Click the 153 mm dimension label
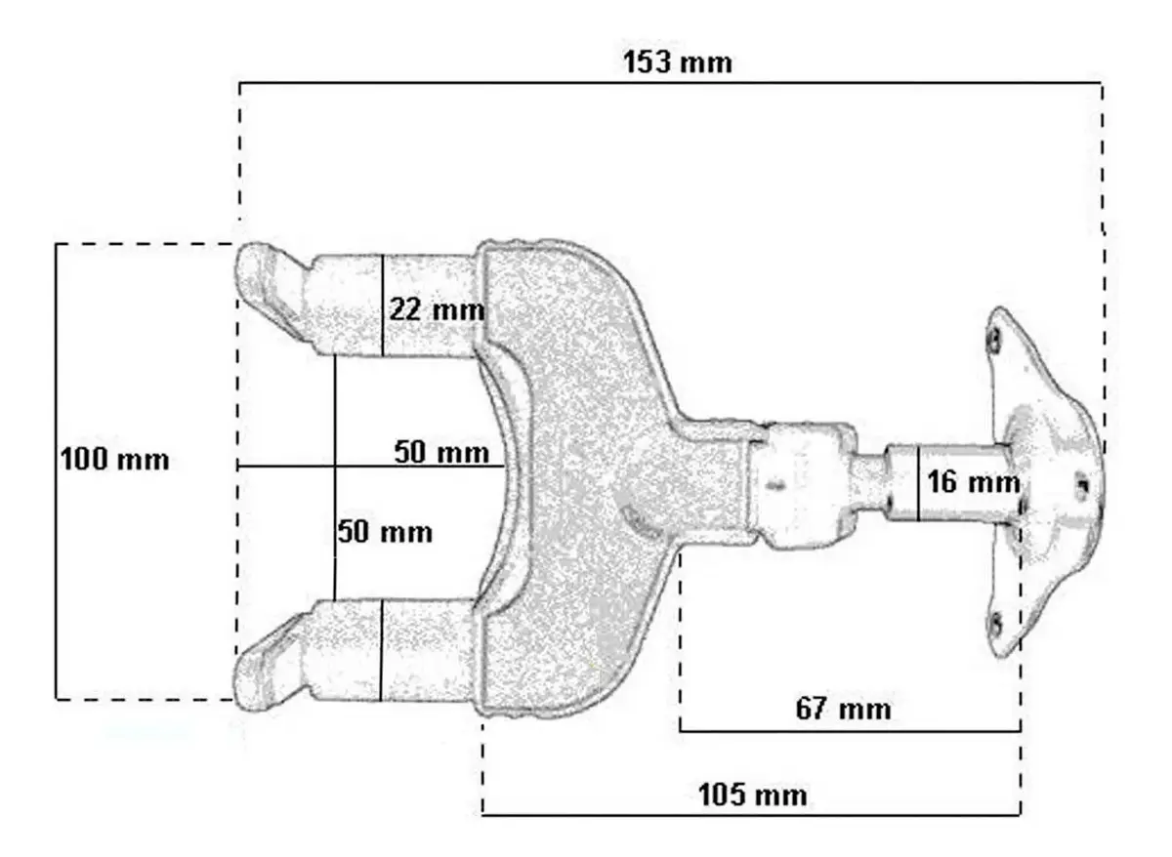(678, 62)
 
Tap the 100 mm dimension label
(115, 460)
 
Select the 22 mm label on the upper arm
(437, 309)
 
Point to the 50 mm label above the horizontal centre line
(441, 452)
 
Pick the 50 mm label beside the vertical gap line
(385, 532)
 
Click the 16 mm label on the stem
(973, 481)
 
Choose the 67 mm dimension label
(844, 710)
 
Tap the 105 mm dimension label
(753, 796)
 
